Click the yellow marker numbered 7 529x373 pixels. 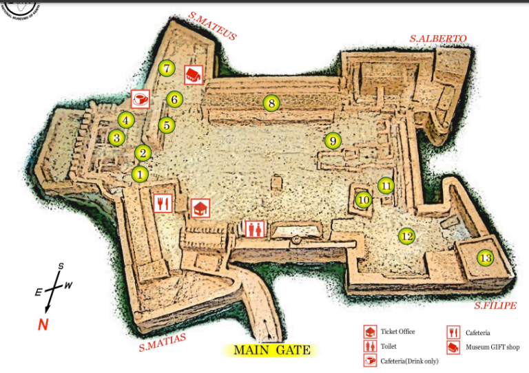[x=166, y=68]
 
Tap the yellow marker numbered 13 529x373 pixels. [x=486, y=258]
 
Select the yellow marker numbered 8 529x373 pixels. [x=271, y=104]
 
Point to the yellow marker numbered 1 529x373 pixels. [x=140, y=174]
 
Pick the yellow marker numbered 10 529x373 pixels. [x=364, y=200]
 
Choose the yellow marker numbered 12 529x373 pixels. [x=407, y=236]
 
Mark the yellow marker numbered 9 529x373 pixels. [x=333, y=141]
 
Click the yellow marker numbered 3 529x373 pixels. [x=117, y=138]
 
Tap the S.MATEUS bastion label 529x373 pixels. [x=212, y=25]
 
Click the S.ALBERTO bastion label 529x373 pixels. [x=438, y=39]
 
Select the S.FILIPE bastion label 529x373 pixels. [x=495, y=306]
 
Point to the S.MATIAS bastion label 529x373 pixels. [x=163, y=341]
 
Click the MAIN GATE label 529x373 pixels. [x=272, y=350]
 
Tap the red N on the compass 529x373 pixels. [x=43, y=325]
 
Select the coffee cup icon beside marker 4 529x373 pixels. [x=141, y=99]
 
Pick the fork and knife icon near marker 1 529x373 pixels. [x=162, y=203]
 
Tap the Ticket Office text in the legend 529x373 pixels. [x=397, y=332]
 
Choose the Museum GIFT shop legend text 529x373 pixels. [x=492, y=348]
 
